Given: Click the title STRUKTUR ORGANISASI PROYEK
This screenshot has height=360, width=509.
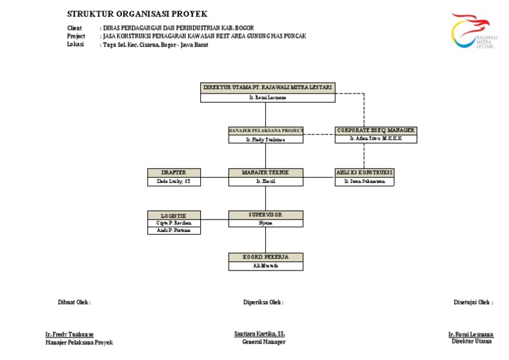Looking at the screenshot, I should pyautogui.click(x=137, y=14).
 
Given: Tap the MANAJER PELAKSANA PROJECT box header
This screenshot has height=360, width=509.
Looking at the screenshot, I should pyautogui.click(x=265, y=131).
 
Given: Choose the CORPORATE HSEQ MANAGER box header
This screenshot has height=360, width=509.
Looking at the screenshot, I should pyautogui.click(x=376, y=131).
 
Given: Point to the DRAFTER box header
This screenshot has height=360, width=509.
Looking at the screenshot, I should pyautogui.click(x=174, y=172).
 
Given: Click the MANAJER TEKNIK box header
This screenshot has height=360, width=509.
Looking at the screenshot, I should pyautogui.click(x=265, y=172).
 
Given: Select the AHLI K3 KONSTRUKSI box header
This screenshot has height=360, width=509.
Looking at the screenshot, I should pyautogui.click(x=364, y=172).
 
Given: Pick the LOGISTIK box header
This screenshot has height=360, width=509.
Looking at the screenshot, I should pyautogui.click(x=174, y=215).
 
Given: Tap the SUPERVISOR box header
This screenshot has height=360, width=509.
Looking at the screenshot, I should pyautogui.click(x=265, y=215).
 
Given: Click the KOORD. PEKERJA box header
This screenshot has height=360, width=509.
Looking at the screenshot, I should pyautogui.click(x=265, y=257).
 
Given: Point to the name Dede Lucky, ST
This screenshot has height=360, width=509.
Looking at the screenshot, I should pyautogui.click(x=174, y=181).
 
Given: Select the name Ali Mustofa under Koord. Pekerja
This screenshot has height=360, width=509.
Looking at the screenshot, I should pyautogui.click(x=265, y=266).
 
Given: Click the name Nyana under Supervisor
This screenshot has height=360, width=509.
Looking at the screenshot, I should pyautogui.click(x=265, y=223).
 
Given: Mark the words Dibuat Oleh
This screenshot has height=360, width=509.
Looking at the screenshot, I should pyautogui.click(x=74, y=302).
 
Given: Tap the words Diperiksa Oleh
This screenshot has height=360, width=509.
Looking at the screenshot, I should pyautogui.click(x=263, y=302).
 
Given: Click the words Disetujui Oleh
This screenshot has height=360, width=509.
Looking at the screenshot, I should pyautogui.click(x=473, y=302).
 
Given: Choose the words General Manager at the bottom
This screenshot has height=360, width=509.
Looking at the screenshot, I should pyautogui.click(x=264, y=342).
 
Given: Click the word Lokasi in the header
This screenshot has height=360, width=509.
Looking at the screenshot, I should pyautogui.click(x=76, y=45).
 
